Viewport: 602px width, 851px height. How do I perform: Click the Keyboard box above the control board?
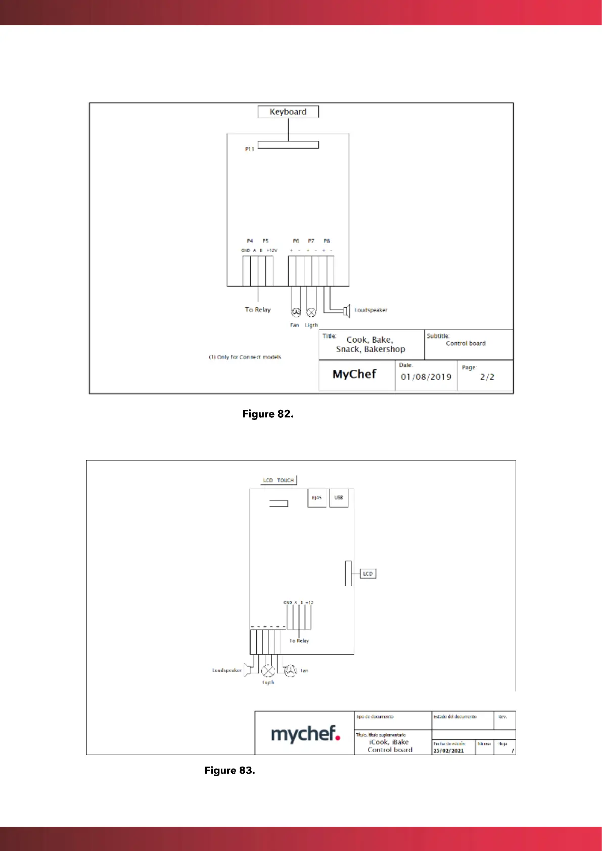tap(288, 112)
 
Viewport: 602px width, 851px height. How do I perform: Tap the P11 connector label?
tap(249, 149)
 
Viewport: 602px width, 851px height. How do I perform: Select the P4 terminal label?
tap(250, 241)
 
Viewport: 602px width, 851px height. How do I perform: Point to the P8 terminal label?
tap(327, 241)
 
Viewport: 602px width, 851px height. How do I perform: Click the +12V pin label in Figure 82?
tap(272, 250)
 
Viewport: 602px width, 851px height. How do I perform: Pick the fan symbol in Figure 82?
tap(296, 312)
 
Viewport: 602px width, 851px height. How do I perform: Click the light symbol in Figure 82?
tap(311, 312)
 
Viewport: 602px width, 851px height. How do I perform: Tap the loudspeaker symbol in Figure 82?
tap(346, 310)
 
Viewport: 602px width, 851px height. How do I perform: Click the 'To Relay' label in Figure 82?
tap(258, 309)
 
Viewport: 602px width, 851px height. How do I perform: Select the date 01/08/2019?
tap(426, 376)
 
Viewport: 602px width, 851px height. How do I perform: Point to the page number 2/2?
tap(487, 376)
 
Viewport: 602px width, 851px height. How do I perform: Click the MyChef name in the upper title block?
tap(354, 374)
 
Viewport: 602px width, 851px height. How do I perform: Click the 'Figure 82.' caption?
tap(268, 414)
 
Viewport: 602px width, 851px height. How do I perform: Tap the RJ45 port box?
tap(317, 498)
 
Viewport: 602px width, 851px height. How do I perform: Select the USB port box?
tap(339, 498)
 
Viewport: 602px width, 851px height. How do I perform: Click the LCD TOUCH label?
tap(279, 480)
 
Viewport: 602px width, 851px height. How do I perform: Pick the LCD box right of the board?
tap(367, 574)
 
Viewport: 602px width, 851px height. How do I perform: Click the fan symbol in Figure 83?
tap(290, 671)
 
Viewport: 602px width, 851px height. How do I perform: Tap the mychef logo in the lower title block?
tap(305, 734)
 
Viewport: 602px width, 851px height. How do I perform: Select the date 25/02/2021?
tap(448, 750)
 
